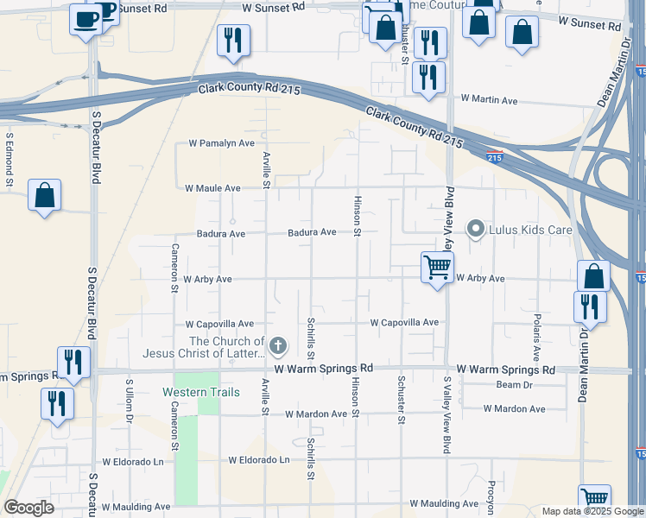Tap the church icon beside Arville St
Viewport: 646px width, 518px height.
(x=277, y=347)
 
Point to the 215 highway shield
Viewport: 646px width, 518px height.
(x=494, y=157)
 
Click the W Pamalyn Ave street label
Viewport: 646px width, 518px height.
(x=221, y=143)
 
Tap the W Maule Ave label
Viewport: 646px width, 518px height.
(x=212, y=187)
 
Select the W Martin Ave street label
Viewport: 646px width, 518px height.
(x=489, y=101)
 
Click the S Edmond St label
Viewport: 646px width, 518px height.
(x=9, y=159)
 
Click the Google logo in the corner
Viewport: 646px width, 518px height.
(x=28, y=508)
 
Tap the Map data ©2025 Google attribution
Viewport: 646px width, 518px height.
(x=592, y=511)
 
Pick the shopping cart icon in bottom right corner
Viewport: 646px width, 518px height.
(x=594, y=499)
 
